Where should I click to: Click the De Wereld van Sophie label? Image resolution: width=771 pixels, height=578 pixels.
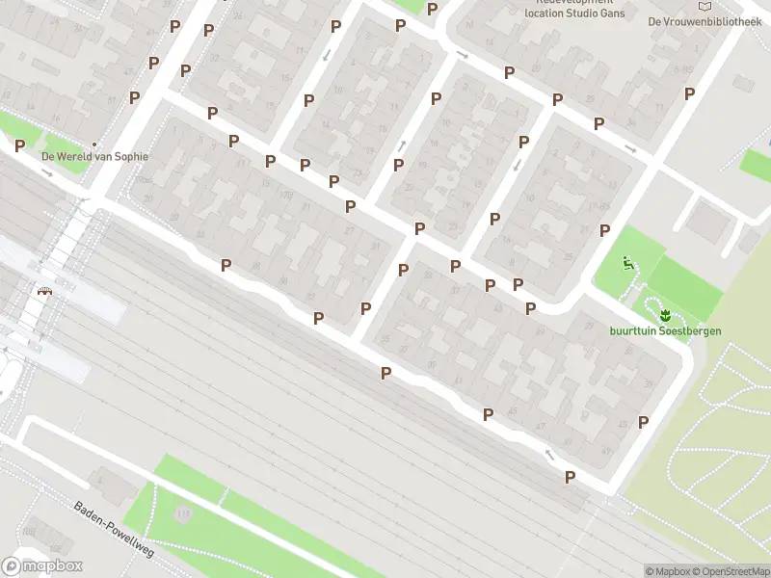94,156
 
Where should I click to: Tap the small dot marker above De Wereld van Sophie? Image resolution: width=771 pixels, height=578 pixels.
94,143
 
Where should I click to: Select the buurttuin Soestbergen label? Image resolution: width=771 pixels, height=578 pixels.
665,331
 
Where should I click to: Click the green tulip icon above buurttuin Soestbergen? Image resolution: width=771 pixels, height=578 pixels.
665,315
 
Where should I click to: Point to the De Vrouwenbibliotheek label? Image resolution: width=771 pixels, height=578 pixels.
705,21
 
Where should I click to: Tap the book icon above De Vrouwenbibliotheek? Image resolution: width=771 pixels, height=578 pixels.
705,6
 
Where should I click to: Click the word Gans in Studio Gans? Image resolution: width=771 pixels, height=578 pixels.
611,13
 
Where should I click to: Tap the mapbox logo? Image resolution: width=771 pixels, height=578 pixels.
42,566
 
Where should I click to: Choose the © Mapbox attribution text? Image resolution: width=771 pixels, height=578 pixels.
667,571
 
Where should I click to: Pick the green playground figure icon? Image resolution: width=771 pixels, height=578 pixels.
627,261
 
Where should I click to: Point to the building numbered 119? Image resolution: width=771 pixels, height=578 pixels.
183,513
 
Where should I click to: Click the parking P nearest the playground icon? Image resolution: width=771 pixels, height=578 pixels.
605,230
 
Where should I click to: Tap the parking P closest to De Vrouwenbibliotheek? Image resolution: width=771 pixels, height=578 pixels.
689,93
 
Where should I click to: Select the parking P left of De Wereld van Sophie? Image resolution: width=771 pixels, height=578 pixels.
19,145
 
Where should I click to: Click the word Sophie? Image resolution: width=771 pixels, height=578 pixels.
131,156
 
